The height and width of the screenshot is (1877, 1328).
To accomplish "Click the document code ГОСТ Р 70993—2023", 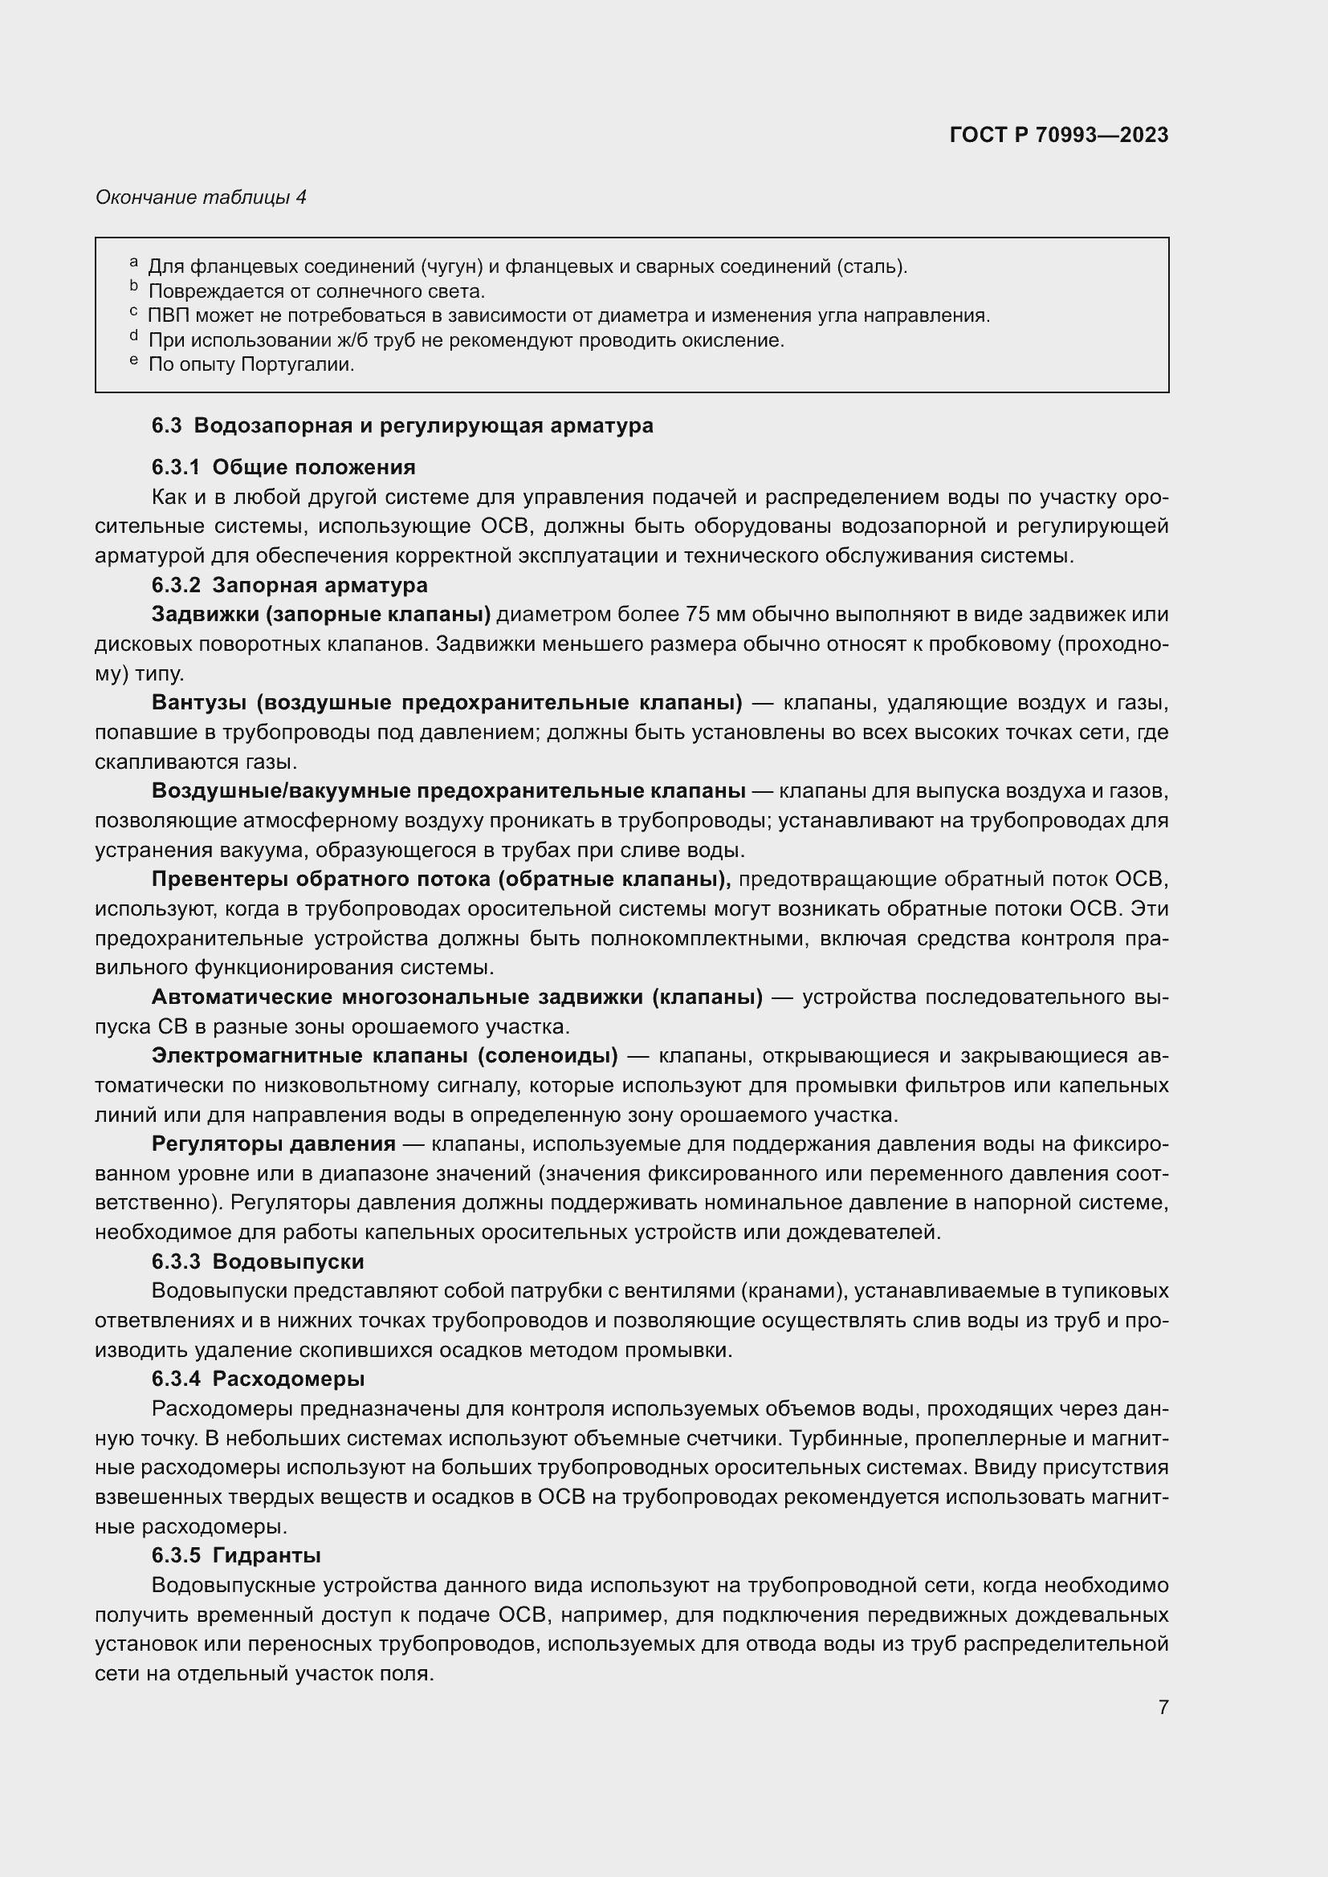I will [1059, 135].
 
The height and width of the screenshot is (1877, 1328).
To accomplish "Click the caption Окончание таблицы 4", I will [202, 197].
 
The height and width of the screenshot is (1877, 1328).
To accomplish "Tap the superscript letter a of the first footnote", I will [133, 262].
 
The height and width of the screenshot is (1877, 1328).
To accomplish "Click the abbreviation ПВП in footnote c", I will [168, 315].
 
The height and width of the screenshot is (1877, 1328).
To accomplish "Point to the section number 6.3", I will [167, 425].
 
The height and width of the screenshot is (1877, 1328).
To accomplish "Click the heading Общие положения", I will [313, 467].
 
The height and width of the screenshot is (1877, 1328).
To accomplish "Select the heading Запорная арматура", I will [320, 584].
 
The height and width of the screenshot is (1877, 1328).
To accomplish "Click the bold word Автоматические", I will [241, 997].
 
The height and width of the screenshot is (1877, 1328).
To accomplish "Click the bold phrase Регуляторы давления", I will [273, 1144].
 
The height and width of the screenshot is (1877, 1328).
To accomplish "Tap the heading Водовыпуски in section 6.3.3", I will [288, 1261].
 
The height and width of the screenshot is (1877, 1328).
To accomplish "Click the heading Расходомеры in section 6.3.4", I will [288, 1379].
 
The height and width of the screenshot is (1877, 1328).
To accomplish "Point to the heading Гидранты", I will [266, 1556].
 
